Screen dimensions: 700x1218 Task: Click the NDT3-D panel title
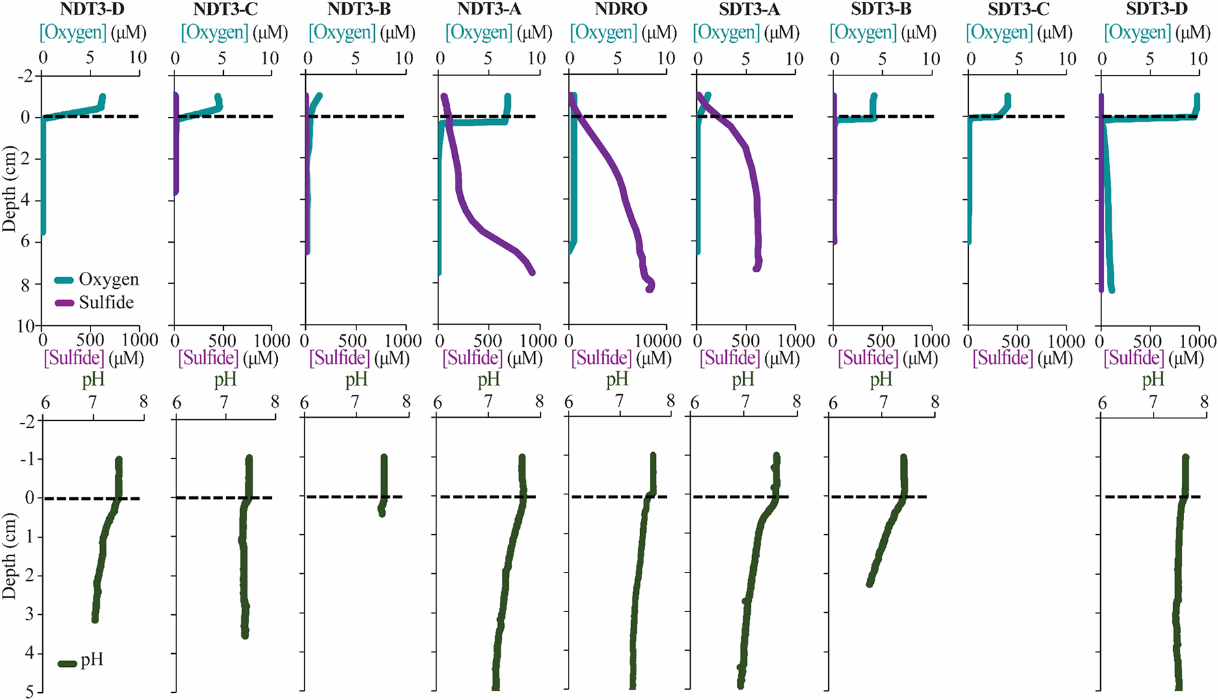[92, 10]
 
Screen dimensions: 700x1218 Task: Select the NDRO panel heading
[621, 10]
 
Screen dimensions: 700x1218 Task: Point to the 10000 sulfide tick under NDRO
[653, 341]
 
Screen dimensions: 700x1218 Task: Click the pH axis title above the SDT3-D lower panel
[1153, 380]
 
